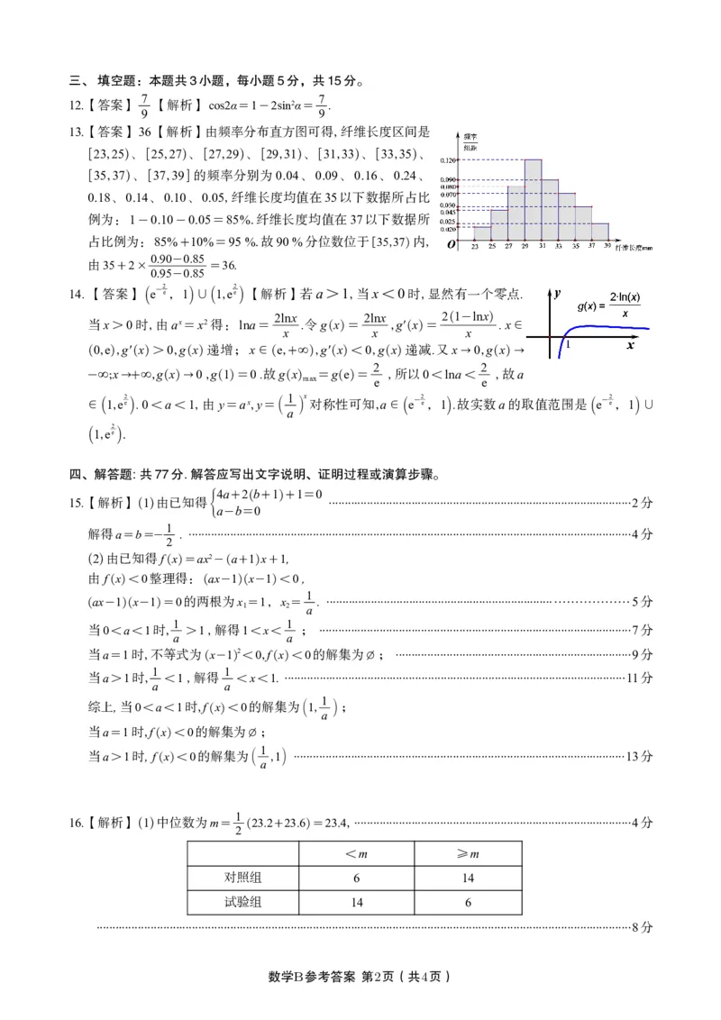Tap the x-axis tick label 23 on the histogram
[x=474, y=245]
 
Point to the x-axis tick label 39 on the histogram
[x=608, y=245]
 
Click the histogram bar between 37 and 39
[x=600, y=231]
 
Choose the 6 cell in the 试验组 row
[x=468, y=902]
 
